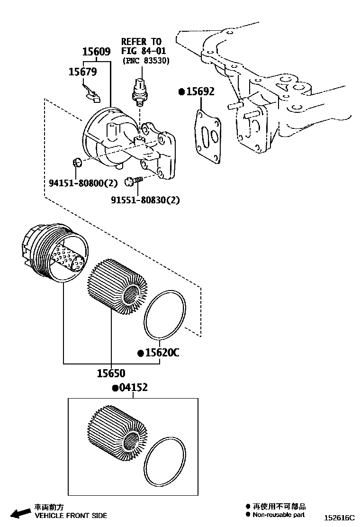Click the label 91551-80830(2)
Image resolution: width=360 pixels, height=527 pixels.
pyautogui.click(x=145, y=200)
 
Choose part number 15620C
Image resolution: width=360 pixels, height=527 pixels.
pyautogui.click(x=162, y=353)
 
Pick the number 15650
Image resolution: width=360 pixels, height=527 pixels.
pyautogui.click(x=111, y=373)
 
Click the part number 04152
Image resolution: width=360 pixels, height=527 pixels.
pyautogui.click(x=133, y=388)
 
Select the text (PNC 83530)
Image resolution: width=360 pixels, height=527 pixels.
pyautogui.click(x=145, y=61)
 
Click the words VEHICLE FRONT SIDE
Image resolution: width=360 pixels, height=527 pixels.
pyautogui.click(x=71, y=516)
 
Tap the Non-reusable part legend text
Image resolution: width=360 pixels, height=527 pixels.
pyautogui.click(x=279, y=515)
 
